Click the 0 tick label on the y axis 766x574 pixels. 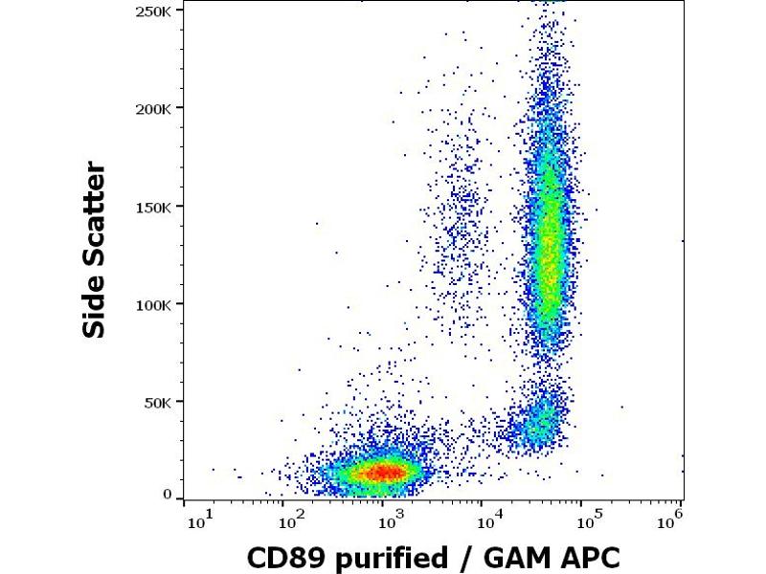[167, 495]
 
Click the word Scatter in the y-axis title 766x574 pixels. [94, 210]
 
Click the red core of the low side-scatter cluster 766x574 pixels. [383, 471]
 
